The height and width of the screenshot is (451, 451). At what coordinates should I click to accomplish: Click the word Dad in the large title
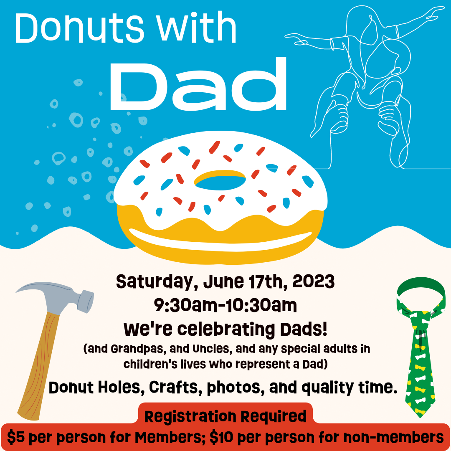pos(198,84)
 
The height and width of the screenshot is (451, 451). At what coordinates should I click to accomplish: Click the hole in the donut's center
pos(220,181)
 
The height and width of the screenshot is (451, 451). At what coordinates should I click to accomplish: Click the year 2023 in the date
pos(314,281)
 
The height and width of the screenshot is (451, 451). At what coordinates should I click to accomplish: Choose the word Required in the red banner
pos(273,416)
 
